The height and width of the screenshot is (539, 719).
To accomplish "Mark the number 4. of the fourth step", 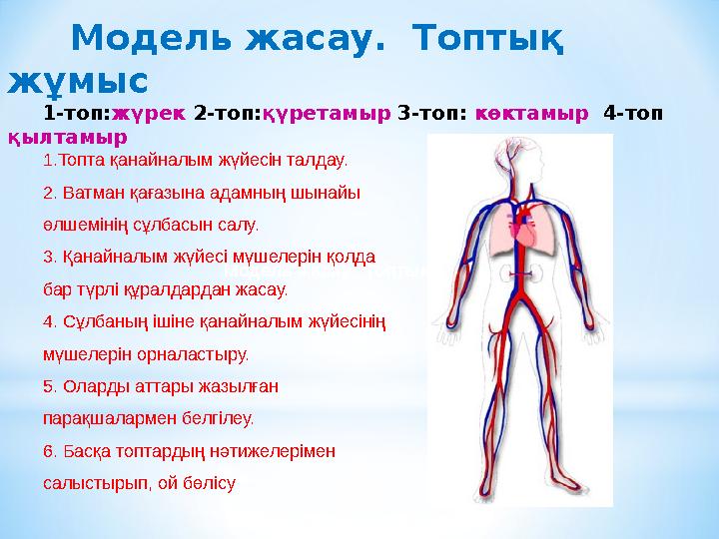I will (x=51, y=321).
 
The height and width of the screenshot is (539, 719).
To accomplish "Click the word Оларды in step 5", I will (x=94, y=385).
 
